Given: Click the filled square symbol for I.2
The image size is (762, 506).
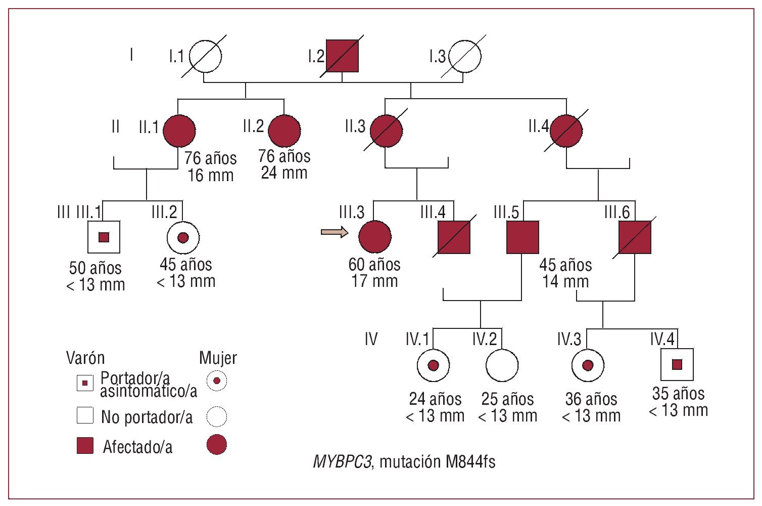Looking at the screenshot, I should [x=342, y=56].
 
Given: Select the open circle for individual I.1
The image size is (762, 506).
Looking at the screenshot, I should [x=206, y=56].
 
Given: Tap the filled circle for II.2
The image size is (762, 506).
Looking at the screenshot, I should [x=284, y=131].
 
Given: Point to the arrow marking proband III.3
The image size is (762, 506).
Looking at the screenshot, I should [x=334, y=232].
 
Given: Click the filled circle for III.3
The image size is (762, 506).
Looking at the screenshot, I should [x=374, y=236].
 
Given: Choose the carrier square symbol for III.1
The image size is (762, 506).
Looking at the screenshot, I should [x=104, y=237].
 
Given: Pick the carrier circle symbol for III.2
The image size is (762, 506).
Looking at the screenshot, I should [x=183, y=237].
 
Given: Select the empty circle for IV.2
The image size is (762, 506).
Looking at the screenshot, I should [x=502, y=365].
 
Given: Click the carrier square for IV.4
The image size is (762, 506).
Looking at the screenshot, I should [x=677, y=364].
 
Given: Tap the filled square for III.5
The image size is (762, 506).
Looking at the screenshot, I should [x=522, y=237].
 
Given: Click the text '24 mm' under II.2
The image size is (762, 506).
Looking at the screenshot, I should [x=284, y=173].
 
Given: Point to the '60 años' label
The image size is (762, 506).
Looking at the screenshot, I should [x=374, y=265].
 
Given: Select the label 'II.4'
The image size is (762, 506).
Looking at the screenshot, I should [x=539, y=126].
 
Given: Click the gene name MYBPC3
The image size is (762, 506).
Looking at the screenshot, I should [x=342, y=461].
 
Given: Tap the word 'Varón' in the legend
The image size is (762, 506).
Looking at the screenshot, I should [x=85, y=358].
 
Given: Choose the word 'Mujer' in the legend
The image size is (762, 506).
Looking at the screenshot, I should [x=218, y=358].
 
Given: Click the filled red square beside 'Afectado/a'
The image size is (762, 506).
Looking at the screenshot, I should [x=85, y=446].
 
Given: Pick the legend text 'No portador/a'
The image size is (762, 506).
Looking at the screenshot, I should [x=147, y=417].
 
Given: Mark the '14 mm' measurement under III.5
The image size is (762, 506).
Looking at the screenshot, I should [x=565, y=281].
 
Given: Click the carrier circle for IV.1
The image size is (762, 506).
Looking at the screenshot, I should [x=433, y=365].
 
